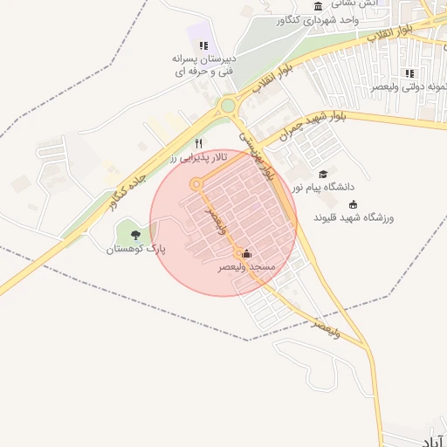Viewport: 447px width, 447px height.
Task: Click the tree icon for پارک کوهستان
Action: click(x=134, y=234)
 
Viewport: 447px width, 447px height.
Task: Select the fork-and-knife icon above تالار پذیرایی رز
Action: click(x=199, y=143)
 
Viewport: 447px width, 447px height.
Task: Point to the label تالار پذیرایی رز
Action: click(x=198, y=157)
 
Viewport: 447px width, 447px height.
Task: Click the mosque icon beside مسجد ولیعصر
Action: click(x=246, y=253)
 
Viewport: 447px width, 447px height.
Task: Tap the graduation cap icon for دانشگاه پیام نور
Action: click(x=324, y=174)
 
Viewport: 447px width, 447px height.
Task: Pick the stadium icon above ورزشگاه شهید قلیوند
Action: click(x=353, y=203)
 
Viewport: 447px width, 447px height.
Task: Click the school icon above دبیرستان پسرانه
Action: click(x=203, y=45)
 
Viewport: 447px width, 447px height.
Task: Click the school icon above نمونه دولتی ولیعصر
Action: click(x=409, y=73)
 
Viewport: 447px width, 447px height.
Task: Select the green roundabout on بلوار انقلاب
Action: click(x=228, y=106)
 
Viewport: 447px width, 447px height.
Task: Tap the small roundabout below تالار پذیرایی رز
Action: click(x=196, y=184)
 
